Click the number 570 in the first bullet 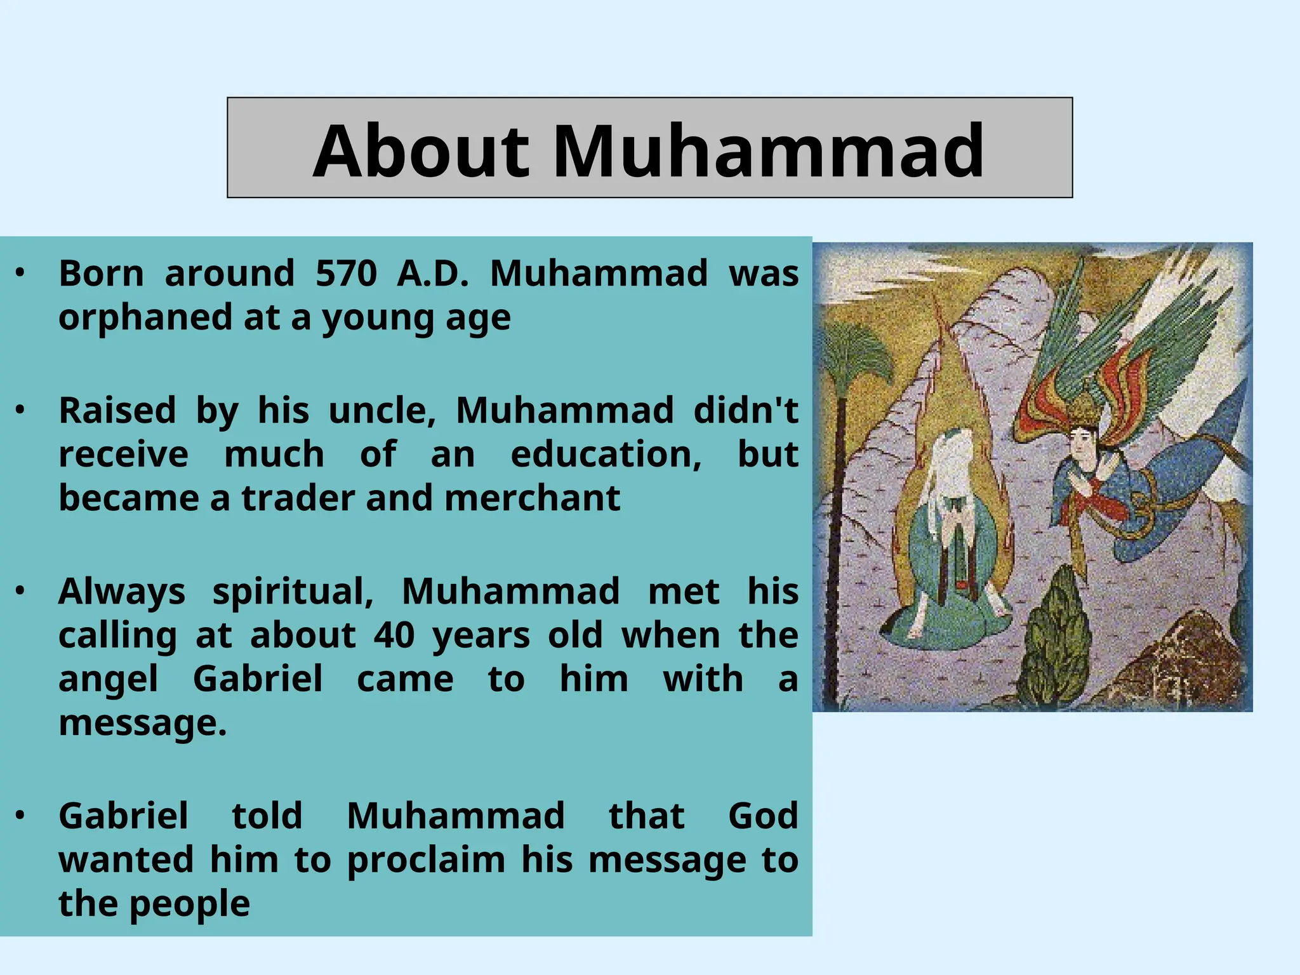(x=347, y=274)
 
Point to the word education (x=606, y=454)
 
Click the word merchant (x=532, y=498)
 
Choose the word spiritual (x=293, y=592)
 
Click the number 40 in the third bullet (x=394, y=635)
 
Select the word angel (x=109, y=679)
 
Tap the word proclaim (x=426, y=860)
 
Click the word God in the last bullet (x=763, y=816)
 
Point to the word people (x=190, y=904)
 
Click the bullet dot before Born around (x=20, y=273)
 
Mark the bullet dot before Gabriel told (x=20, y=815)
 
